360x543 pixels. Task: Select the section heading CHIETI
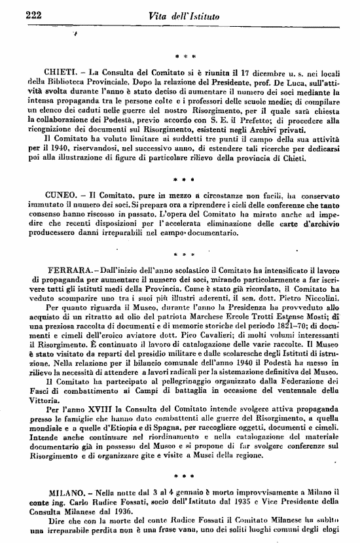coord(62,70)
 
